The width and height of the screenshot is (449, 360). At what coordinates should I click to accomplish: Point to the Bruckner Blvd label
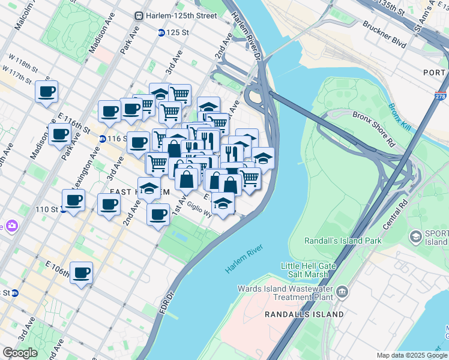click(384, 35)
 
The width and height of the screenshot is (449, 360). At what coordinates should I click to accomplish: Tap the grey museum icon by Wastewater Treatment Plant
click(342, 292)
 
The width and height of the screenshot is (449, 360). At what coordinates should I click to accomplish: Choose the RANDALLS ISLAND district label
click(305, 314)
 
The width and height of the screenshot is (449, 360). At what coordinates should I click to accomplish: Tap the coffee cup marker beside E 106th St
click(81, 273)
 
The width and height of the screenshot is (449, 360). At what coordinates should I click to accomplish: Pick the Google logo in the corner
click(20, 353)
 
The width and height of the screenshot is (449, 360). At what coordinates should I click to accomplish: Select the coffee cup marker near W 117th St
click(46, 92)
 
